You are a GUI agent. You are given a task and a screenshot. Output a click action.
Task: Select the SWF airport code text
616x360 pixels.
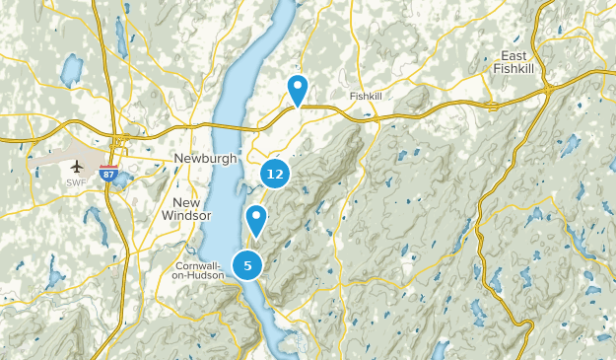76,182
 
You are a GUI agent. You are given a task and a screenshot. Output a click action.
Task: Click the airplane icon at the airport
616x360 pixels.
76,165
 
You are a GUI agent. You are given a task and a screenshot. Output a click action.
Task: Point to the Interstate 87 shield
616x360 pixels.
109,171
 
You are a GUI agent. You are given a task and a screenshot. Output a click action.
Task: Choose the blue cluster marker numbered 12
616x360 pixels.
275,174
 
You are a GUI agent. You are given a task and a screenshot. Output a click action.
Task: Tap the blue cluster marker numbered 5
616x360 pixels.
247,263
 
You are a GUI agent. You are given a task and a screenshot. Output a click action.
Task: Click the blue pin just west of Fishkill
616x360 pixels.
297,89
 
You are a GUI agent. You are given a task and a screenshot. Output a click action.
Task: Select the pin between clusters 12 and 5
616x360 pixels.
256,218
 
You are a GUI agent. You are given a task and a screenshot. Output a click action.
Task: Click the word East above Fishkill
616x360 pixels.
517,55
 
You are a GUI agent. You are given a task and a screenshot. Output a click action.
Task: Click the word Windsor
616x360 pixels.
186,215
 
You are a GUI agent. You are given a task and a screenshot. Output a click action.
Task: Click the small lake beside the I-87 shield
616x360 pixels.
122,180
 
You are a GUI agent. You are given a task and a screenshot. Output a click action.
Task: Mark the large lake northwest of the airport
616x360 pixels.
71,69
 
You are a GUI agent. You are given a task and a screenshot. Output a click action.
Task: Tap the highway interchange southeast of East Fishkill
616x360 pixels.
548,92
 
